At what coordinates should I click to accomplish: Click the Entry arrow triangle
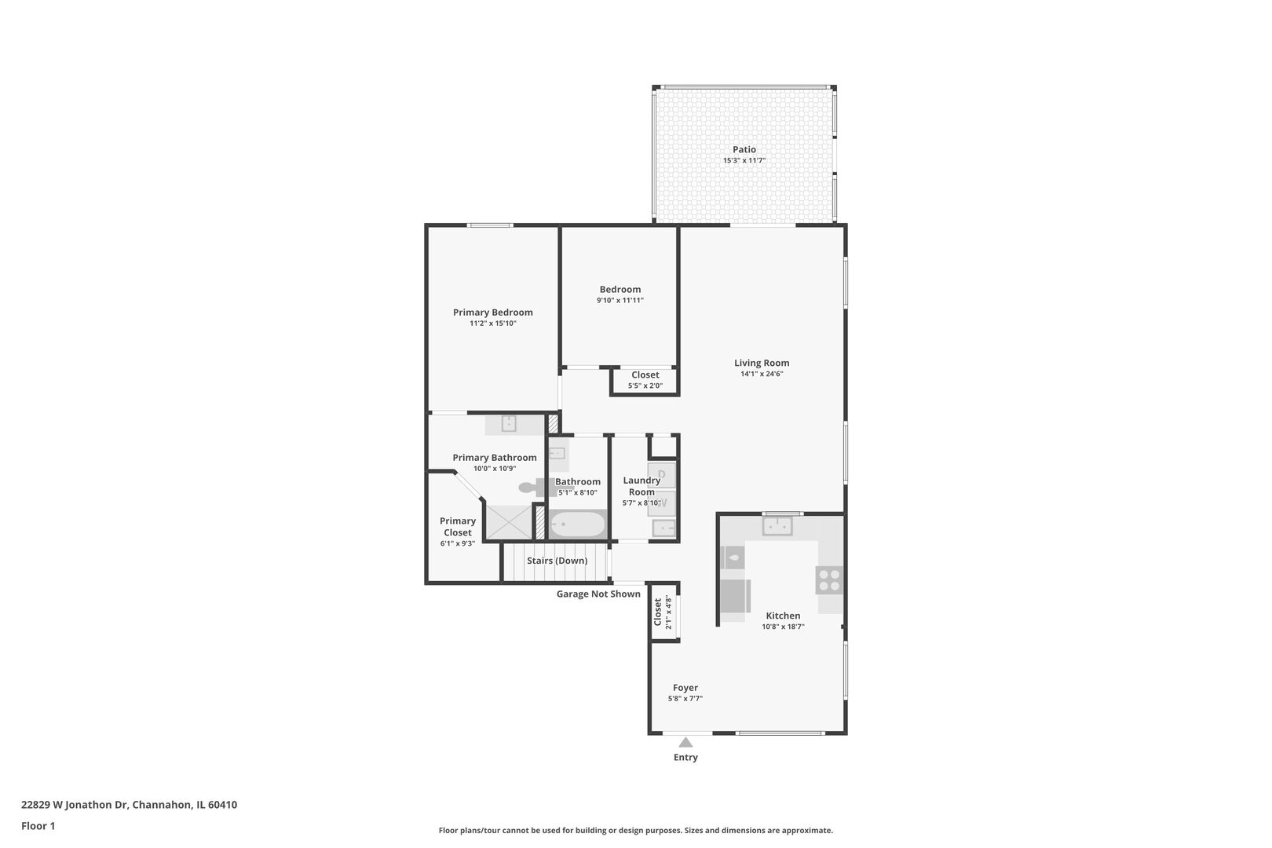(x=685, y=742)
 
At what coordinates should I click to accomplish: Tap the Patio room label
(x=744, y=149)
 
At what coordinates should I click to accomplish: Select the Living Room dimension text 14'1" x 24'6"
(x=762, y=374)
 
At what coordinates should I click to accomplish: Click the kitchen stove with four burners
(x=829, y=580)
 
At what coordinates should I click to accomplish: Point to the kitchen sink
(x=777, y=526)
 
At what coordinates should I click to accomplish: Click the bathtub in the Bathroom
(x=578, y=525)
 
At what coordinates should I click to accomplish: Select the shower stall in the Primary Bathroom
(x=510, y=521)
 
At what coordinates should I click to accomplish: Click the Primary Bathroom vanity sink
(x=508, y=424)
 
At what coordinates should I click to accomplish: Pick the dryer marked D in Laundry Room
(x=662, y=475)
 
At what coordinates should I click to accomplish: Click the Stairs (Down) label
(x=557, y=561)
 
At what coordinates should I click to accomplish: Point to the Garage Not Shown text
(x=598, y=594)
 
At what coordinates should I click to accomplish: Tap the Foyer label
(x=685, y=687)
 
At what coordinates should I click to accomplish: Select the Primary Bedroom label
(x=493, y=313)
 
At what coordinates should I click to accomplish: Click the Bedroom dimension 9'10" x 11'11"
(x=620, y=301)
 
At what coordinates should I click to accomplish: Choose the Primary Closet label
(x=458, y=527)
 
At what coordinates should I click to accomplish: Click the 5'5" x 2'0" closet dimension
(x=645, y=386)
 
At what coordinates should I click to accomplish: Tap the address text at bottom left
(x=129, y=804)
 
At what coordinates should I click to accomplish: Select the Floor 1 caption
(x=38, y=826)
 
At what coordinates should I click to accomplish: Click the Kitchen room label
(x=783, y=615)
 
